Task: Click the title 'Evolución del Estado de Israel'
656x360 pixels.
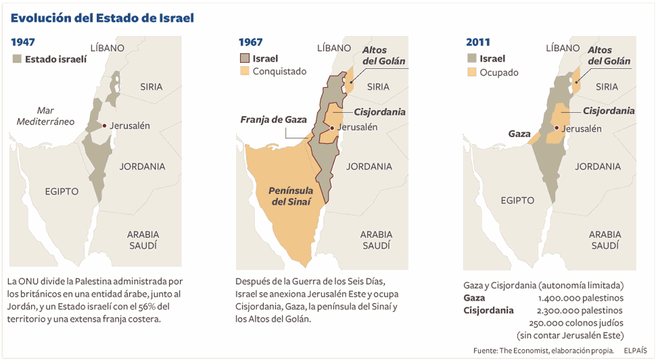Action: [x=102, y=18]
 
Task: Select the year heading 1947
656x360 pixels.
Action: [x=23, y=43]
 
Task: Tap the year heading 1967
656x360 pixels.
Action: [x=250, y=43]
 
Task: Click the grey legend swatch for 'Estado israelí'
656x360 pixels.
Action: [x=17, y=58]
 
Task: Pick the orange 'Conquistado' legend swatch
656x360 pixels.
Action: [x=244, y=71]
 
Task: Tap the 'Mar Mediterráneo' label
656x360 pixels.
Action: [x=45, y=116]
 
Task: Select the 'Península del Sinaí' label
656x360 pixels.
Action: [x=291, y=196]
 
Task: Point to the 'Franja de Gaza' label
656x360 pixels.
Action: [x=274, y=120]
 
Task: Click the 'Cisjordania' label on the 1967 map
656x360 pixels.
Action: [x=379, y=112]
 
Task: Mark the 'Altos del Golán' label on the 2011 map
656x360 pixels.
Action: [x=608, y=56]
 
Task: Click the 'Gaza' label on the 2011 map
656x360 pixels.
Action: [x=519, y=134]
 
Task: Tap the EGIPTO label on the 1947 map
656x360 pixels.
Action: [x=61, y=191]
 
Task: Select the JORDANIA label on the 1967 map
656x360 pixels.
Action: [x=369, y=167]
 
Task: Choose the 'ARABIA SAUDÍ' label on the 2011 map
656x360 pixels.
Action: [x=604, y=240]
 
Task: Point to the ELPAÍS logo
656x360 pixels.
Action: [x=635, y=350]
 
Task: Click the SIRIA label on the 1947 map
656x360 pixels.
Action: [x=151, y=87]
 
